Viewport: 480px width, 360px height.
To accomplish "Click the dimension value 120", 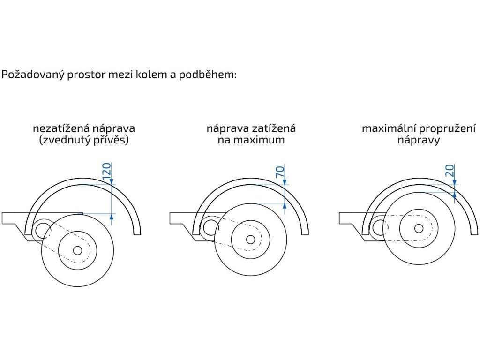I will (x=106, y=172).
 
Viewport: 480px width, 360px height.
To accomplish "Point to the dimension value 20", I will (x=450, y=171).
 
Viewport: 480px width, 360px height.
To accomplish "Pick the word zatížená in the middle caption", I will (x=271, y=128).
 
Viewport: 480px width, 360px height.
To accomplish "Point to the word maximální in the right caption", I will (x=388, y=128).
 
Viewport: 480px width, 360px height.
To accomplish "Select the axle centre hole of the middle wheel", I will (x=251, y=240).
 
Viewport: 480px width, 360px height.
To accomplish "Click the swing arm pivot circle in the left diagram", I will (x=42, y=229).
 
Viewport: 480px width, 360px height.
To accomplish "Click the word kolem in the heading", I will (x=148, y=75).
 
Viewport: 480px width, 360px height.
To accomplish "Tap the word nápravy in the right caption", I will (x=419, y=140).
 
